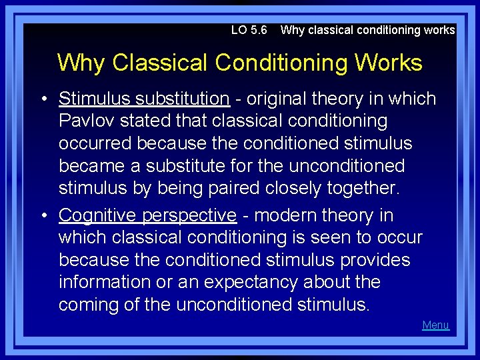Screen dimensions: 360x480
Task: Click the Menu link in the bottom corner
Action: [435, 325]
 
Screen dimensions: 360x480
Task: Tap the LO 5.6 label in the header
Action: [249, 30]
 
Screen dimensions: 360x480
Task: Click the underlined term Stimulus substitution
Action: [144, 99]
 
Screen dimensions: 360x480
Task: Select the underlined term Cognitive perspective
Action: [147, 215]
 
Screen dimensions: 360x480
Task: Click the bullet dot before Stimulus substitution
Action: [43, 99]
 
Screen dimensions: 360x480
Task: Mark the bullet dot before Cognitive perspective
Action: [43, 216]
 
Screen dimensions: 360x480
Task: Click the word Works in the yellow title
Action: [389, 63]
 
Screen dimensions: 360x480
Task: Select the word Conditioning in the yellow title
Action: [281, 63]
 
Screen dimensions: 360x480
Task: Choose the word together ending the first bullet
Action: [360, 188]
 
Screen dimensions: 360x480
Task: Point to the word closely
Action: [297, 188]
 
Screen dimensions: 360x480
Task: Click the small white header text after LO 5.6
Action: [367, 30]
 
